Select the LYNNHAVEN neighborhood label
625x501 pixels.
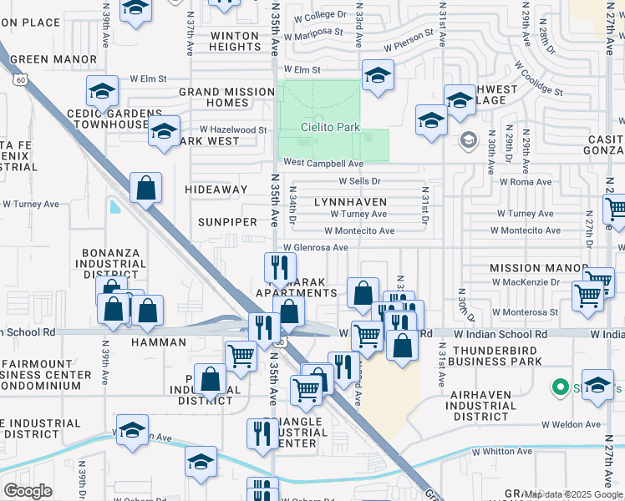tap(350, 202)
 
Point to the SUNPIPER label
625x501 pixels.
tap(227, 222)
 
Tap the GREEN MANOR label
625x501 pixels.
tap(54, 59)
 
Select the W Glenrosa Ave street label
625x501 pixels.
tap(315, 247)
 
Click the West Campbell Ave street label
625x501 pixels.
tap(323, 164)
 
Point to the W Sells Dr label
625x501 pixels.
tap(359, 180)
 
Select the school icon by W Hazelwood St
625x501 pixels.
tap(165, 131)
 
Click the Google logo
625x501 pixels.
tap(28, 491)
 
